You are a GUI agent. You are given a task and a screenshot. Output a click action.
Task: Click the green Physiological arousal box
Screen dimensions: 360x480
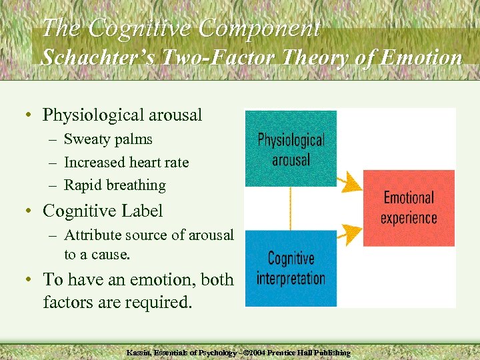[x=291, y=149]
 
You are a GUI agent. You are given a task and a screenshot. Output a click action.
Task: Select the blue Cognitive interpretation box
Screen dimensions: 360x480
[x=291, y=268]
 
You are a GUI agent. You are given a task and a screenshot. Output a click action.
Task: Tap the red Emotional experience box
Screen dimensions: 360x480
[x=408, y=208]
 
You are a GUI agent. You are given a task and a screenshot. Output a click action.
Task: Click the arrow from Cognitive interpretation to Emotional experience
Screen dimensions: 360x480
[x=348, y=233]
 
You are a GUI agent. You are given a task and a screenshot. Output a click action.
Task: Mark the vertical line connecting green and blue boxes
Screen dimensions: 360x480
[x=291, y=208]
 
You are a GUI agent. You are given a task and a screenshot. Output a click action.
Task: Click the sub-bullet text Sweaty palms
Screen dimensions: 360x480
[x=108, y=139]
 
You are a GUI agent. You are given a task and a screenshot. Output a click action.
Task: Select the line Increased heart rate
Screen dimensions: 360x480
[x=126, y=162]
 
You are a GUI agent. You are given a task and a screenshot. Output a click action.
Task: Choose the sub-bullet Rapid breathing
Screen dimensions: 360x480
[x=115, y=185]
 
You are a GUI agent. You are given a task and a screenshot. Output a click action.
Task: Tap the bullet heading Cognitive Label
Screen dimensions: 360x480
[x=103, y=211]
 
